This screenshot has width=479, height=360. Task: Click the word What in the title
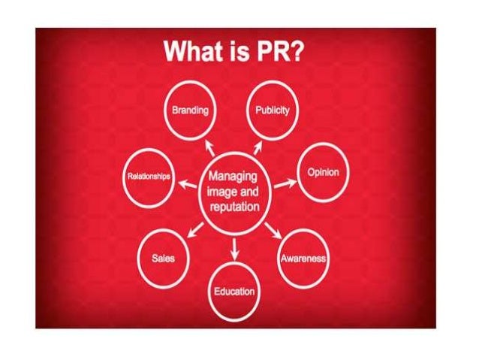click(x=192, y=52)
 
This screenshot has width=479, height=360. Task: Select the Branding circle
click(x=190, y=111)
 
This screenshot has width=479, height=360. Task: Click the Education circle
click(x=235, y=290)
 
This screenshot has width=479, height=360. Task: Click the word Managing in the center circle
click(x=232, y=178)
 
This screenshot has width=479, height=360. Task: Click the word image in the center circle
click(x=220, y=192)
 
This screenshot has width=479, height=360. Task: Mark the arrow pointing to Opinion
click(x=285, y=183)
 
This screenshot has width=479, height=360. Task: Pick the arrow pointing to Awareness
click(x=273, y=229)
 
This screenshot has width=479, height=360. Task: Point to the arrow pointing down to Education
click(x=235, y=247)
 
